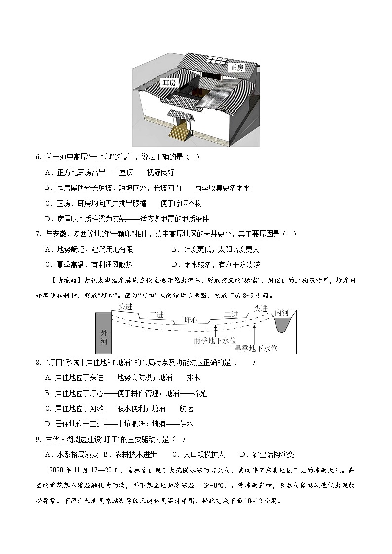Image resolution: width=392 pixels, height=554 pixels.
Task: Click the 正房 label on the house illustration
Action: (237, 67)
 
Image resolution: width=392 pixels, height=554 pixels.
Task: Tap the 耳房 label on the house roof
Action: (169, 83)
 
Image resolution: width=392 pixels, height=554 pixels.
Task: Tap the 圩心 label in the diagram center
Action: (191, 320)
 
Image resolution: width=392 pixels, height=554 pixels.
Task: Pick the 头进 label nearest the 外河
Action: (125, 307)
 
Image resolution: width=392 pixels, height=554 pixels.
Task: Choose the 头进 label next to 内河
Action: (260, 308)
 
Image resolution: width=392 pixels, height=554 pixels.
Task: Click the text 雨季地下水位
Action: (215, 340)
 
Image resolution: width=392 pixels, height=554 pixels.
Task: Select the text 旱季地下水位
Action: (256, 348)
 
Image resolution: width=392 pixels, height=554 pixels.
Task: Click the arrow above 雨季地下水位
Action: (215, 328)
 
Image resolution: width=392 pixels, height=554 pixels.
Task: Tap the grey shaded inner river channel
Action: (283, 324)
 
